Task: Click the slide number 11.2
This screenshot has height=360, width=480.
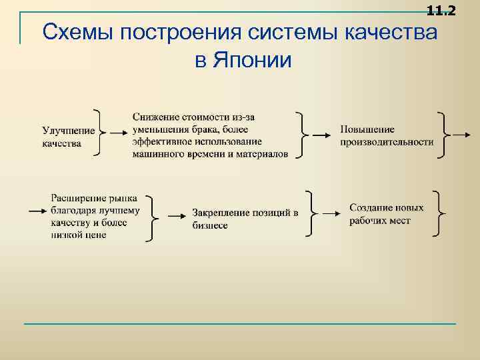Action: (441, 10)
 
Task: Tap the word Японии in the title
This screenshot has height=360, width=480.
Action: (253, 61)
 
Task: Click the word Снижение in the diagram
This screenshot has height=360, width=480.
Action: (154, 117)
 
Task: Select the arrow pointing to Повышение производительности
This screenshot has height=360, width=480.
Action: (321, 134)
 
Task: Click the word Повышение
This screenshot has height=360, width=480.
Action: (367, 129)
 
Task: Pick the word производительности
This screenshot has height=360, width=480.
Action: (387, 141)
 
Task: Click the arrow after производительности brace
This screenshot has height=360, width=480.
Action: (461, 134)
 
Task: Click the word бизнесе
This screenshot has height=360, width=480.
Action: (210, 225)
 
